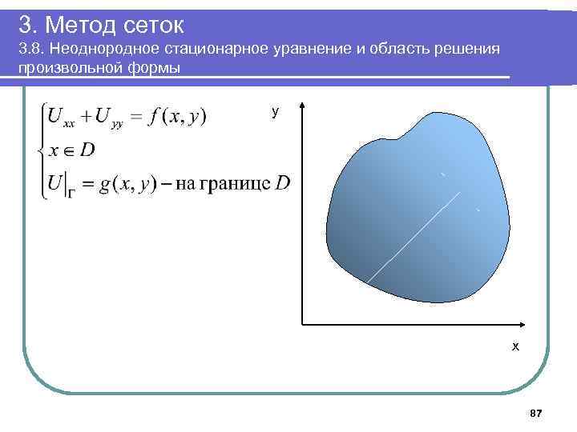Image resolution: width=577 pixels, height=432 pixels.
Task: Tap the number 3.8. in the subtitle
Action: [x=30, y=50]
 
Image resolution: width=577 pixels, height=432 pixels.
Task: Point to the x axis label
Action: [x=515, y=346]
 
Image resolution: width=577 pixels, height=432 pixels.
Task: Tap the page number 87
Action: [x=536, y=413]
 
